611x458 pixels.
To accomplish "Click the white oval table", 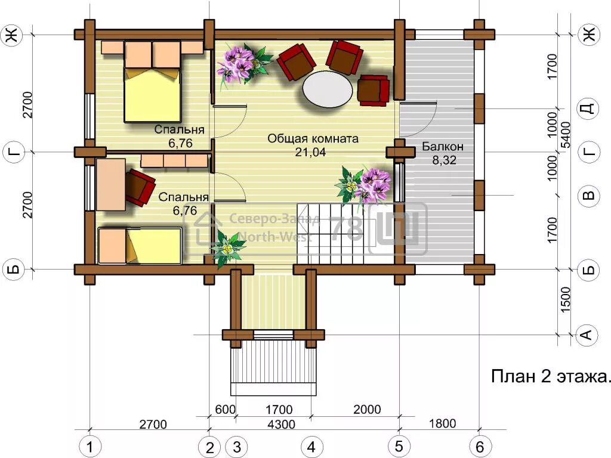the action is pyautogui.click(x=328, y=89).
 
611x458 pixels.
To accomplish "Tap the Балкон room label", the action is pyautogui.click(x=443, y=147).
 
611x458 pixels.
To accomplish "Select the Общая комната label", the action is pyautogui.click(x=313, y=138).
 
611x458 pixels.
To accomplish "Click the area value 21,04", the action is pyautogui.click(x=310, y=152).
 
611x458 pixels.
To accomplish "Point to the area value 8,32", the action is pyautogui.click(x=444, y=160).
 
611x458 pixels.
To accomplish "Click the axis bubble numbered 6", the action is pyautogui.click(x=480, y=446).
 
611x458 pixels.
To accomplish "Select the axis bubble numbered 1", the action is pyautogui.click(x=90, y=446).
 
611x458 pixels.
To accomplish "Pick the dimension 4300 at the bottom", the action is pyautogui.click(x=282, y=424).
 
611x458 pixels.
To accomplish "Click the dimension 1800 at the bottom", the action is pyautogui.click(x=442, y=423).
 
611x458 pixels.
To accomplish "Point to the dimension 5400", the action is pyautogui.click(x=566, y=135).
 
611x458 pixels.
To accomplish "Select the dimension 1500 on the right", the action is pyautogui.click(x=565, y=299).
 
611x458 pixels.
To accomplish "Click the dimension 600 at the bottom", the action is pyautogui.click(x=225, y=409).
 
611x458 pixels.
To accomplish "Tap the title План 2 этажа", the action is pyautogui.click(x=550, y=377).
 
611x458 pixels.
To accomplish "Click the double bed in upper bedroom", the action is pyautogui.click(x=153, y=82).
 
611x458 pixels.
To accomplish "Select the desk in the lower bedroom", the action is pyautogui.click(x=110, y=185).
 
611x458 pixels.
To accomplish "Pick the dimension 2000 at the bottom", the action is pyautogui.click(x=367, y=409).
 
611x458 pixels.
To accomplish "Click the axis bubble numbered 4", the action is pyautogui.click(x=311, y=446).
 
